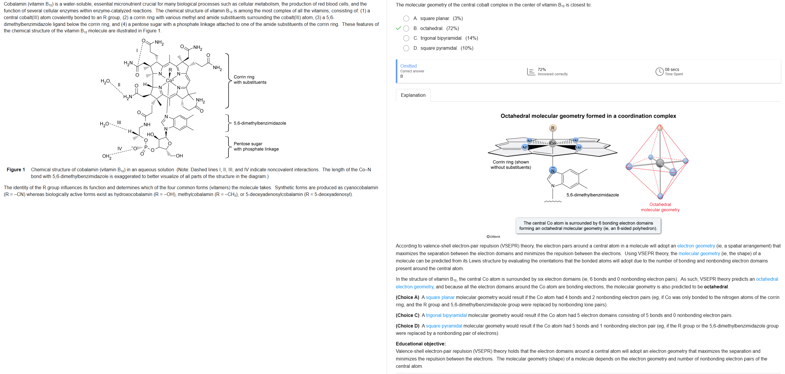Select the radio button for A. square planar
(x=406, y=19)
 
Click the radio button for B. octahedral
(x=406, y=29)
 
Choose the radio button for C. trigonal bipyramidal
(x=406, y=38)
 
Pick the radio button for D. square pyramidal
(x=406, y=48)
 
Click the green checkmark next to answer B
(x=398, y=28)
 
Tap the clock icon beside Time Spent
(x=659, y=72)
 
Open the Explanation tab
(x=413, y=95)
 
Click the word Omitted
(x=408, y=66)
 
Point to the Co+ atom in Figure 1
(x=170, y=81)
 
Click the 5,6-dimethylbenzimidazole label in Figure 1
(x=260, y=123)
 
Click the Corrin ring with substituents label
(x=250, y=80)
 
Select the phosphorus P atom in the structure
(x=146, y=147)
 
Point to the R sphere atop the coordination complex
(x=552, y=128)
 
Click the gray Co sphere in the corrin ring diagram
(x=552, y=143)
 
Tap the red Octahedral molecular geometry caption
(x=660, y=207)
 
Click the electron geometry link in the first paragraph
(x=696, y=246)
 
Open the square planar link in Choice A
(x=440, y=297)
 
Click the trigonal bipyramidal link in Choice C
(x=446, y=315)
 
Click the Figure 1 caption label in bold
(x=16, y=170)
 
